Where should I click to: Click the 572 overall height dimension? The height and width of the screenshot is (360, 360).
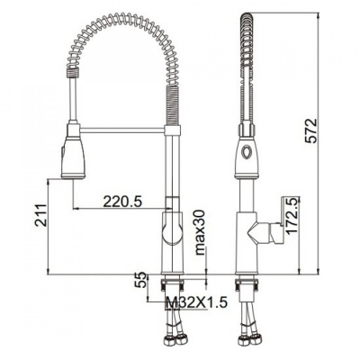311,130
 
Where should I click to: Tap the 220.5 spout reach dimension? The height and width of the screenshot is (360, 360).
122,201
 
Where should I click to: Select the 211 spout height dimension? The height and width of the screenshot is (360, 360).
40,215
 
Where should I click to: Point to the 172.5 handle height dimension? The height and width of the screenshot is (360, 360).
293,215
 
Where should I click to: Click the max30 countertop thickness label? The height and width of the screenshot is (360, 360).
200,232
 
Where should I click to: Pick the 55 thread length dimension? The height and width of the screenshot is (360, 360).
141,280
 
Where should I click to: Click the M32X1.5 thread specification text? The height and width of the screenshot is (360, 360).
196,302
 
